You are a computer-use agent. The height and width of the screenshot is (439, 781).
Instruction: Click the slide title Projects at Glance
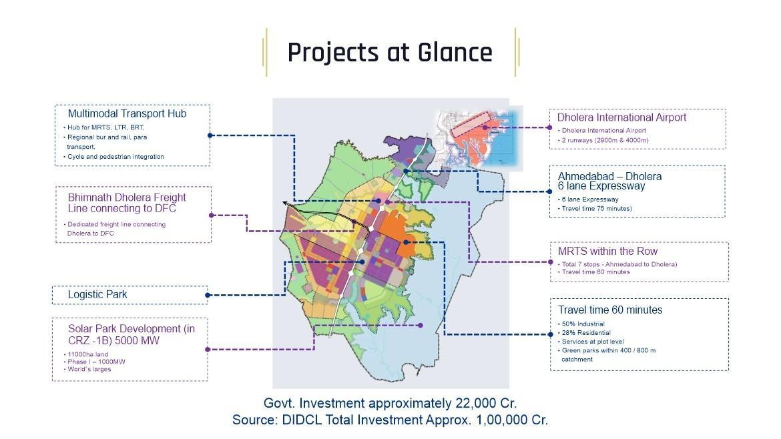coord(390,52)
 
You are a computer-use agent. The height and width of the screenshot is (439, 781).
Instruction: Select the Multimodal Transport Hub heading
coord(127,114)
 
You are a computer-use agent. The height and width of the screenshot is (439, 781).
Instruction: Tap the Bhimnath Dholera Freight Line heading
coord(127,203)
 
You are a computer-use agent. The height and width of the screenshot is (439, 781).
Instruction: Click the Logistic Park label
coord(97,294)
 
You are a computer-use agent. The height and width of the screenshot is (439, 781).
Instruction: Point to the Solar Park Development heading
coord(132,334)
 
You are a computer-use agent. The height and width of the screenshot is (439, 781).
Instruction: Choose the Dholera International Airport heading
coord(621,117)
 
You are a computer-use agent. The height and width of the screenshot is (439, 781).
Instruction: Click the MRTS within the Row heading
coord(607,252)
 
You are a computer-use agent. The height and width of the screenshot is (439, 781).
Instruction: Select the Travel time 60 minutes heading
coord(610,310)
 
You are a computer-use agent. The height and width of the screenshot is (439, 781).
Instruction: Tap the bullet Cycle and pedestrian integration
coord(115,157)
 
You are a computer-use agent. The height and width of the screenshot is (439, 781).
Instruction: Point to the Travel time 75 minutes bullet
coord(595,209)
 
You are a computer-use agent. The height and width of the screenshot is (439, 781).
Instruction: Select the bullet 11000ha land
coord(87,354)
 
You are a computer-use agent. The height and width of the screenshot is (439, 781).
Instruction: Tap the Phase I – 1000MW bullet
coord(96,362)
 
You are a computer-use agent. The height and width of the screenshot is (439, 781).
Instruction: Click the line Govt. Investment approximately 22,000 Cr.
coord(390,403)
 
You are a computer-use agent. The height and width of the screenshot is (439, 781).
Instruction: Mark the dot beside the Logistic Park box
coord(208,295)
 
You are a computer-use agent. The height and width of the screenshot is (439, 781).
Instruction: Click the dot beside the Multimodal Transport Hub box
coord(210,135)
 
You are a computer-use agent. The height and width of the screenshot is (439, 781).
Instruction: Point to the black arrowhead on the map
coord(286,202)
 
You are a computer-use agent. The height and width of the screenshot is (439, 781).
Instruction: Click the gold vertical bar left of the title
coord(266,52)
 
